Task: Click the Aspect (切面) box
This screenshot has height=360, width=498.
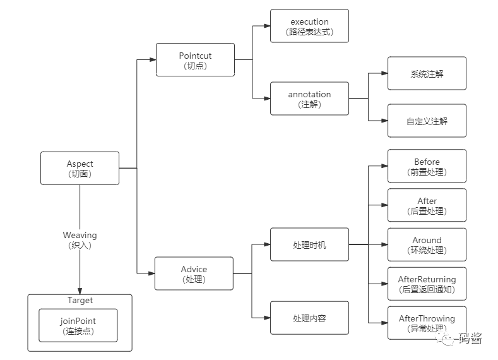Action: [x=80, y=168]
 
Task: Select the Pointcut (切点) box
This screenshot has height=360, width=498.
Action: [x=195, y=60]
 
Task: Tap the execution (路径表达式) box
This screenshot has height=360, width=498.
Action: [x=310, y=26]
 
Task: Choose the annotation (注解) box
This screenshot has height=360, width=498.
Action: [x=310, y=99]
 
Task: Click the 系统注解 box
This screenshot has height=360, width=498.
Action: [x=427, y=73]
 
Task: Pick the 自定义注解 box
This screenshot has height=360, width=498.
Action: [x=427, y=121]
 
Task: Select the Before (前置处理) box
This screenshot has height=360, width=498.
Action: [x=427, y=166]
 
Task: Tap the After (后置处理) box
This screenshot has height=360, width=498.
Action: [x=427, y=205]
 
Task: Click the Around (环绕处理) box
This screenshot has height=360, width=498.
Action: [x=427, y=244]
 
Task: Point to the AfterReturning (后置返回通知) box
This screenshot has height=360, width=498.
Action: [x=427, y=284]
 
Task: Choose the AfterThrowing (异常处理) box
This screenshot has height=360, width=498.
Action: [x=427, y=323]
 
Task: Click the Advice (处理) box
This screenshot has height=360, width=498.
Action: [x=194, y=273]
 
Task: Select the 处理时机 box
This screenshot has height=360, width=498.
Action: [x=310, y=244]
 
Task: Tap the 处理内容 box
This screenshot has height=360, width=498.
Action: [x=310, y=318]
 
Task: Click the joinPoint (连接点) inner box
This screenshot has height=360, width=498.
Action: [x=78, y=325]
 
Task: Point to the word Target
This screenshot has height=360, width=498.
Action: [x=80, y=300]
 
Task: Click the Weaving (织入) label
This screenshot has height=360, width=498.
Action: [x=80, y=240]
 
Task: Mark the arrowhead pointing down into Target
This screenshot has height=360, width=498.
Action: [x=80, y=291]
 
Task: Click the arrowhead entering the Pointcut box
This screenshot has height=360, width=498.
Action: [x=153, y=59]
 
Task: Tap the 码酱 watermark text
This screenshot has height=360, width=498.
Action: [x=470, y=338]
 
